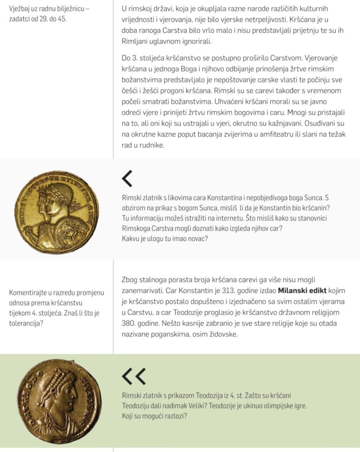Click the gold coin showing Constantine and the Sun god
56,212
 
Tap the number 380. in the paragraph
131,324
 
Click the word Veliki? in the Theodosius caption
220,406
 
